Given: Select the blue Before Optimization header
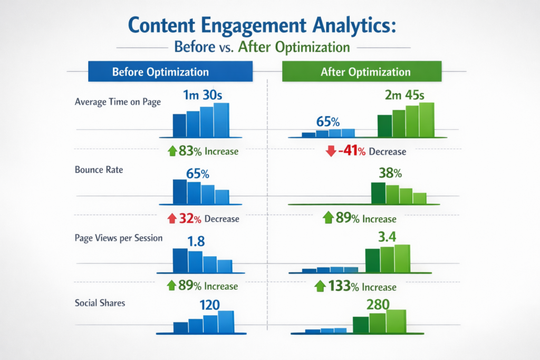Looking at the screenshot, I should click(160, 72).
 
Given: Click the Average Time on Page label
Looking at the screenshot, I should click(118, 102).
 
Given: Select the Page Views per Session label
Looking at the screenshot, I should click(119, 238).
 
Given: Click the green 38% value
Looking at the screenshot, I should click(390, 172).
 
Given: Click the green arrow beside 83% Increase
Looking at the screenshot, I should click(171, 151).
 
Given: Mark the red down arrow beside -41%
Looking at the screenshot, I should click(331, 152).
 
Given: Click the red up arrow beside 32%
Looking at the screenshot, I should click(171, 218).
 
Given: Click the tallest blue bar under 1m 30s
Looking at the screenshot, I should click(221, 120).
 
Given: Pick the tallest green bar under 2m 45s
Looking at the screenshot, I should click(426, 119).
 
